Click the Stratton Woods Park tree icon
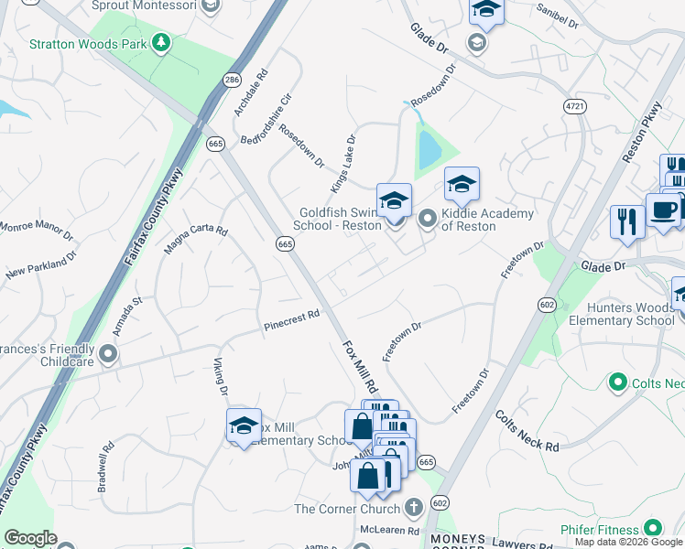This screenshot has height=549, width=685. click(161, 42)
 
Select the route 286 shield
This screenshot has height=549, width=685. click(232, 81)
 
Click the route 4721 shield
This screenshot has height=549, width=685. click(574, 107)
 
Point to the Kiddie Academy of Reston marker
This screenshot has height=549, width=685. click(428, 220)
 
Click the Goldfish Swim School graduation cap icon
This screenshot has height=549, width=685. click(395, 200)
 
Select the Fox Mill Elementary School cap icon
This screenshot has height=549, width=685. click(244, 425)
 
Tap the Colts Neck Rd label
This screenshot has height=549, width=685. click(527, 432)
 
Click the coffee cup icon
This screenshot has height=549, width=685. click(663, 210)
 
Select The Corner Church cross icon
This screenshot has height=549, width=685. click(413, 508)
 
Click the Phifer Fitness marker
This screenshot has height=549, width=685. click(652, 528)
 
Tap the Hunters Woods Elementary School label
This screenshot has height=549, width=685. click(621, 314)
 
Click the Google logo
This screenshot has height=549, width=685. click(30, 538)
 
